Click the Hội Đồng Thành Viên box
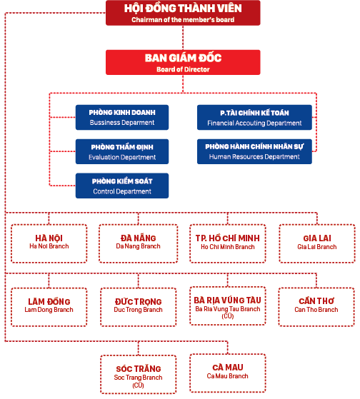point(183,13)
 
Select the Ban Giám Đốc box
point(183,62)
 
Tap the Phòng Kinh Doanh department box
point(122,117)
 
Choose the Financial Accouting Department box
point(254,117)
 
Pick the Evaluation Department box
point(122,151)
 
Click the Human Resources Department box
point(254,151)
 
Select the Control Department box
point(122,186)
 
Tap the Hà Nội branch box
point(49,243)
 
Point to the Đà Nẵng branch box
point(139,243)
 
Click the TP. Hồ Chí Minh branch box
point(228,243)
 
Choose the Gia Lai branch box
point(317,243)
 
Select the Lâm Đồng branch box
point(49,307)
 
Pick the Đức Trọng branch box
point(139,307)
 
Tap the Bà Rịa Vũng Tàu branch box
point(228,306)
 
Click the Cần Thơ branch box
point(316,307)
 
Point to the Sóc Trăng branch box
point(139,374)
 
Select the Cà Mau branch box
point(228,373)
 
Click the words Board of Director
point(183,69)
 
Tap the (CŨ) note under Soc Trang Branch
point(139,385)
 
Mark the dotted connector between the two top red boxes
point(183,38)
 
